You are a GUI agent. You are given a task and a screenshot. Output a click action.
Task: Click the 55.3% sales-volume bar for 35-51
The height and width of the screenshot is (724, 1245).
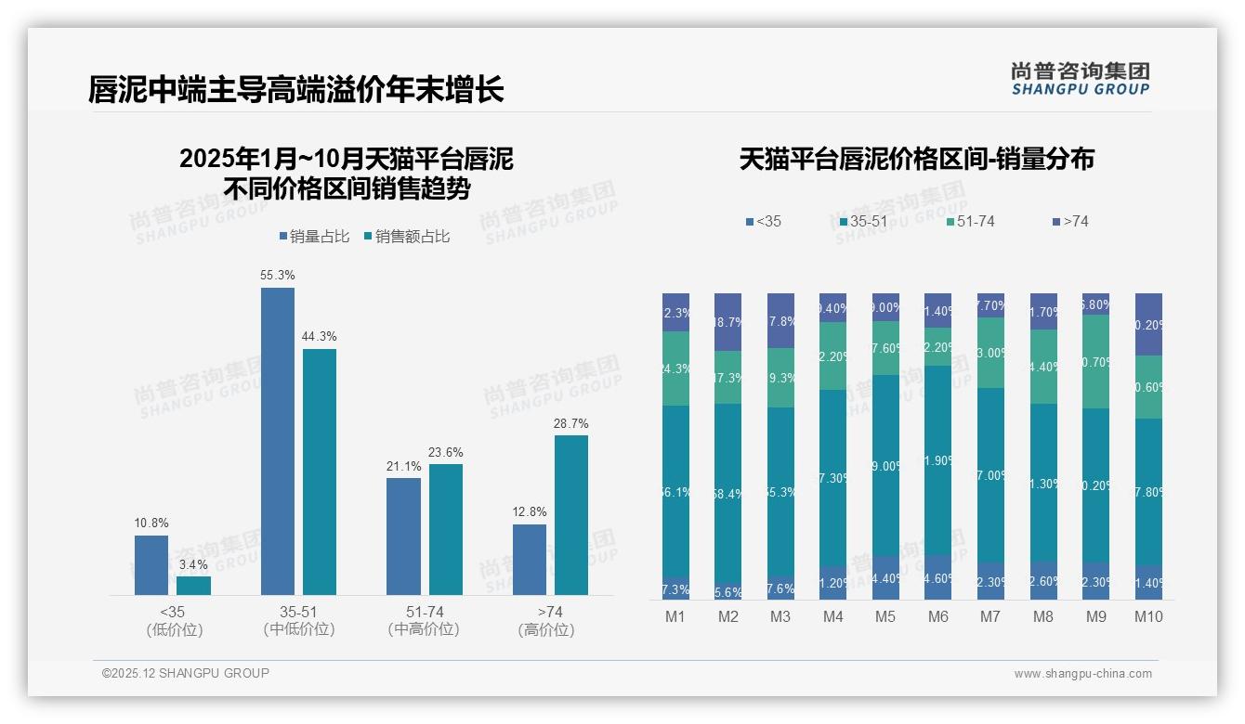pyautogui.click(x=277, y=441)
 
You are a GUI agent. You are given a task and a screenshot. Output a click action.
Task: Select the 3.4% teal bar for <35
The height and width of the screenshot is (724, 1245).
pyautogui.click(x=193, y=586)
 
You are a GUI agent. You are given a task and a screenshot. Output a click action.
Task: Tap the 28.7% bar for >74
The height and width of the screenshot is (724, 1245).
pyautogui.click(x=571, y=515)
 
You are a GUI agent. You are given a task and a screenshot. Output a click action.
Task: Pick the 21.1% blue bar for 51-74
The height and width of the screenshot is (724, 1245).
pyautogui.click(x=403, y=537)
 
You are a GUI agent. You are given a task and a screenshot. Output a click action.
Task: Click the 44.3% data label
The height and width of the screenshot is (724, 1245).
pyautogui.click(x=319, y=336)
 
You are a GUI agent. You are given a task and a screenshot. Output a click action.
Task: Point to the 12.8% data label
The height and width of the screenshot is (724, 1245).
pyautogui.click(x=529, y=511)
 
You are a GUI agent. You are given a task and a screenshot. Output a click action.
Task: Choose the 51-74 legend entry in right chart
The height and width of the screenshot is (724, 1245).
pyautogui.click(x=970, y=222)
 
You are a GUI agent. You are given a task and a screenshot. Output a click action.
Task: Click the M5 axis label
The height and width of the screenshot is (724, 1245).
pyautogui.click(x=885, y=616)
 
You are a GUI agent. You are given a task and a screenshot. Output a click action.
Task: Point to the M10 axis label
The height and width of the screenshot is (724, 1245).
pyautogui.click(x=1148, y=616)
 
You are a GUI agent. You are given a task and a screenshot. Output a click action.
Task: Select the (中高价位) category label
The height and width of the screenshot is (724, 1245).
pyautogui.click(x=424, y=629)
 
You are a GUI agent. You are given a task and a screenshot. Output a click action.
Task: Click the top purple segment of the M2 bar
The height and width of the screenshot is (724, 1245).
pyautogui.click(x=727, y=322)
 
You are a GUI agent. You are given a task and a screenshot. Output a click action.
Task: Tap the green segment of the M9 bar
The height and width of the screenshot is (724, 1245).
pyautogui.click(x=1095, y=362)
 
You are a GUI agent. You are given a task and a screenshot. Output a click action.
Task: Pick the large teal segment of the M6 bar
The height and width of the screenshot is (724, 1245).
pyautogui.click(x=938, y=460)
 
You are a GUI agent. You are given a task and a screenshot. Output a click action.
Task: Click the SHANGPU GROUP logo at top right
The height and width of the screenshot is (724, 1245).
pyautogui.click(x=1080, y=79)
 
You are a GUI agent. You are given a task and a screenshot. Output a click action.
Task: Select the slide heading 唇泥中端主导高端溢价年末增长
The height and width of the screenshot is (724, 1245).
pyautogui.click(x=296, y=89)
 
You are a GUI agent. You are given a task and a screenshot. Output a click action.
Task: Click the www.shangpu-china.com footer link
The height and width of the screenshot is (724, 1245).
pyautogui.click(x=1082, y=674)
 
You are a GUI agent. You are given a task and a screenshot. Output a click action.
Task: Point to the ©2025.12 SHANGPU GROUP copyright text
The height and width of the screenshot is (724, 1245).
pyautogui.click(x=186, y=673)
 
